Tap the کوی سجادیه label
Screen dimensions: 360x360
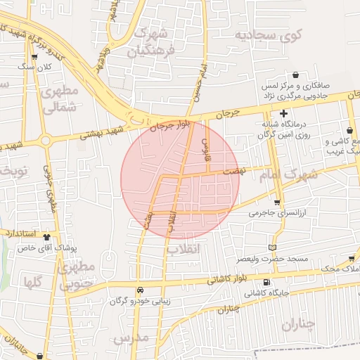[x=268, y=34]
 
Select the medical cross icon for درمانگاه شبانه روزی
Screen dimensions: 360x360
[x=284, y=114]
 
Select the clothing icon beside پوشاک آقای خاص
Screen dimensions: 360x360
[x=47, y=237]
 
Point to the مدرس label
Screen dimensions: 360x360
[x=131, y=338]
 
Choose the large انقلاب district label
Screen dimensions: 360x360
[x=184, y=249]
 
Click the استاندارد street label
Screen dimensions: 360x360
[x=18, y=231]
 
